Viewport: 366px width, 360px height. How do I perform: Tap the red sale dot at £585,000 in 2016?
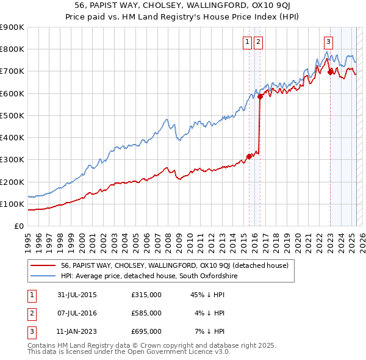(260, 96)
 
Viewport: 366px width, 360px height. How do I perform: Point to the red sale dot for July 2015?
(249, 156)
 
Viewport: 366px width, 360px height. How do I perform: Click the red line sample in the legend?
(44, 265)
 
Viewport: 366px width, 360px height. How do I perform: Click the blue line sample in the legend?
(44, 276)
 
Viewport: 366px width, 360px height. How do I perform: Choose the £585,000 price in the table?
(146, 313)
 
